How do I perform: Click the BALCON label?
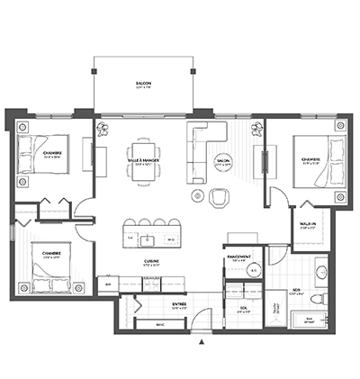[144, 84]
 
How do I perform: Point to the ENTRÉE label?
[179, 305]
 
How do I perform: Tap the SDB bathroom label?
[295, 290]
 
